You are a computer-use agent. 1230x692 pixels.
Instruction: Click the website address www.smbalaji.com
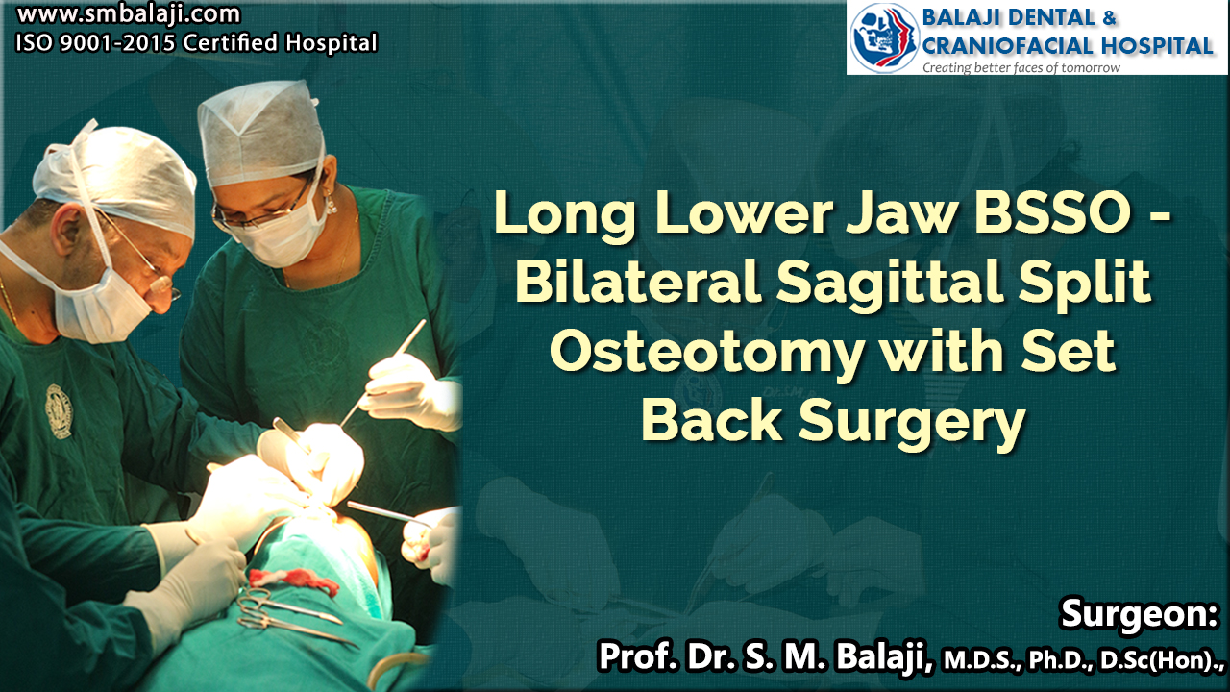pyautogui.click(x=129, y=14)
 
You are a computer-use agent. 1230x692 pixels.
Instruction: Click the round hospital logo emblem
pyautogui.click(x=884, y=37)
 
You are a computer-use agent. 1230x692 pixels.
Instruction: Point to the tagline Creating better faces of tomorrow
pyautogui.click(x=1021, y=67)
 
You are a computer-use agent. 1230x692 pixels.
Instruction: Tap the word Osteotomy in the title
pyautogui.click(x=707, y=352)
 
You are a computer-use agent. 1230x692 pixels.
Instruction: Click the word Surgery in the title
pyautogui.click(x=912, y=422)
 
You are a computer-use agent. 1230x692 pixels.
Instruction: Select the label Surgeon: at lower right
pyautogui.click(x=1139, y=613)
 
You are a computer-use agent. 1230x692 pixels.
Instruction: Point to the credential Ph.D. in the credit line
pyautogui.click(x=1061, y=660)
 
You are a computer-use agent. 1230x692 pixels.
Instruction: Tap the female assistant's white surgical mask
pyautogui.click(x=282, y=233)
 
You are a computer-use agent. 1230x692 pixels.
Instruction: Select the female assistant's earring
pyautogui.click(x=331, y=205)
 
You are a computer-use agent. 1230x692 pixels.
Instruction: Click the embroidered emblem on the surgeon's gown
pyautogui.click(x=59, y=411)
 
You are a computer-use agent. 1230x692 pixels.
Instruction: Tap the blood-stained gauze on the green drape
pyautogui.click(x=294, y=581)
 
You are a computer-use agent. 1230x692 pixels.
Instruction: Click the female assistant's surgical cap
pyautogui.click(x=259, y=133)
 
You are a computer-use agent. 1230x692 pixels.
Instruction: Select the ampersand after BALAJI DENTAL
pyautogui.click(x=1109, y=17)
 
